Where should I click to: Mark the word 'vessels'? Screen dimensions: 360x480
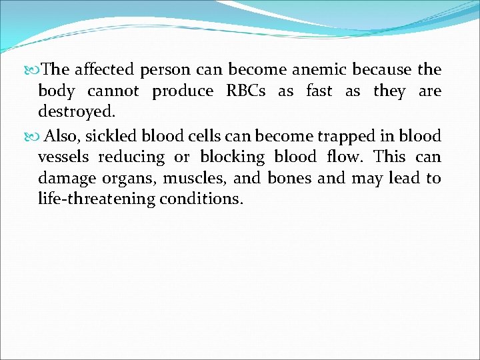pos(64,157)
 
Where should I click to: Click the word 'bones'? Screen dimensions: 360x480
pos(289,178)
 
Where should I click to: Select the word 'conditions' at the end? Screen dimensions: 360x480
pos(201,199)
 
